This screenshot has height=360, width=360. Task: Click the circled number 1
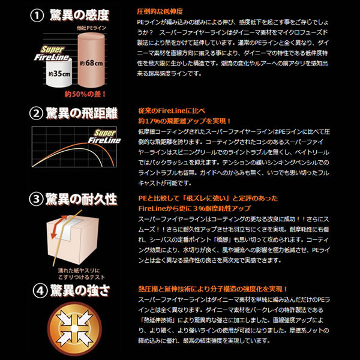37,16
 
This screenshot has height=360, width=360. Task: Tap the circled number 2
36,113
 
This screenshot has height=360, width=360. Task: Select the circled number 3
36,199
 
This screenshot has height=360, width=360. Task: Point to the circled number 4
40,290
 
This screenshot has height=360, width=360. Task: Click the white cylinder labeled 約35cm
59,73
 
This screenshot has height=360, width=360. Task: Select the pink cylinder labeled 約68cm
91,60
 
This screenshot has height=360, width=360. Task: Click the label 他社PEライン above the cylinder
91,28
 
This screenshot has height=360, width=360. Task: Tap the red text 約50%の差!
85,94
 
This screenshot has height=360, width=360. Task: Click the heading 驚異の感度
79,16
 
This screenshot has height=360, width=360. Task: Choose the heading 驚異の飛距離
82,113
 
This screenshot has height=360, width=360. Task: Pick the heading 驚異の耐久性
81,199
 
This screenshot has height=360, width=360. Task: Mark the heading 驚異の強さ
80,290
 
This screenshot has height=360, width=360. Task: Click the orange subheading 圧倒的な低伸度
160,12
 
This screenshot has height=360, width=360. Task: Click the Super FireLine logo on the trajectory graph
104,137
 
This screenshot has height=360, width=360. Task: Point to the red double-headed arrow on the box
59,226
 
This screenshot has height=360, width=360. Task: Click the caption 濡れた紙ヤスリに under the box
79,271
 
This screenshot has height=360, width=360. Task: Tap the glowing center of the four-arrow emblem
74,329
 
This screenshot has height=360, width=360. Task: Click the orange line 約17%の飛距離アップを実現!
184,121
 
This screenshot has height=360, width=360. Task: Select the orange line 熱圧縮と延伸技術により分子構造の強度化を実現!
213,289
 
